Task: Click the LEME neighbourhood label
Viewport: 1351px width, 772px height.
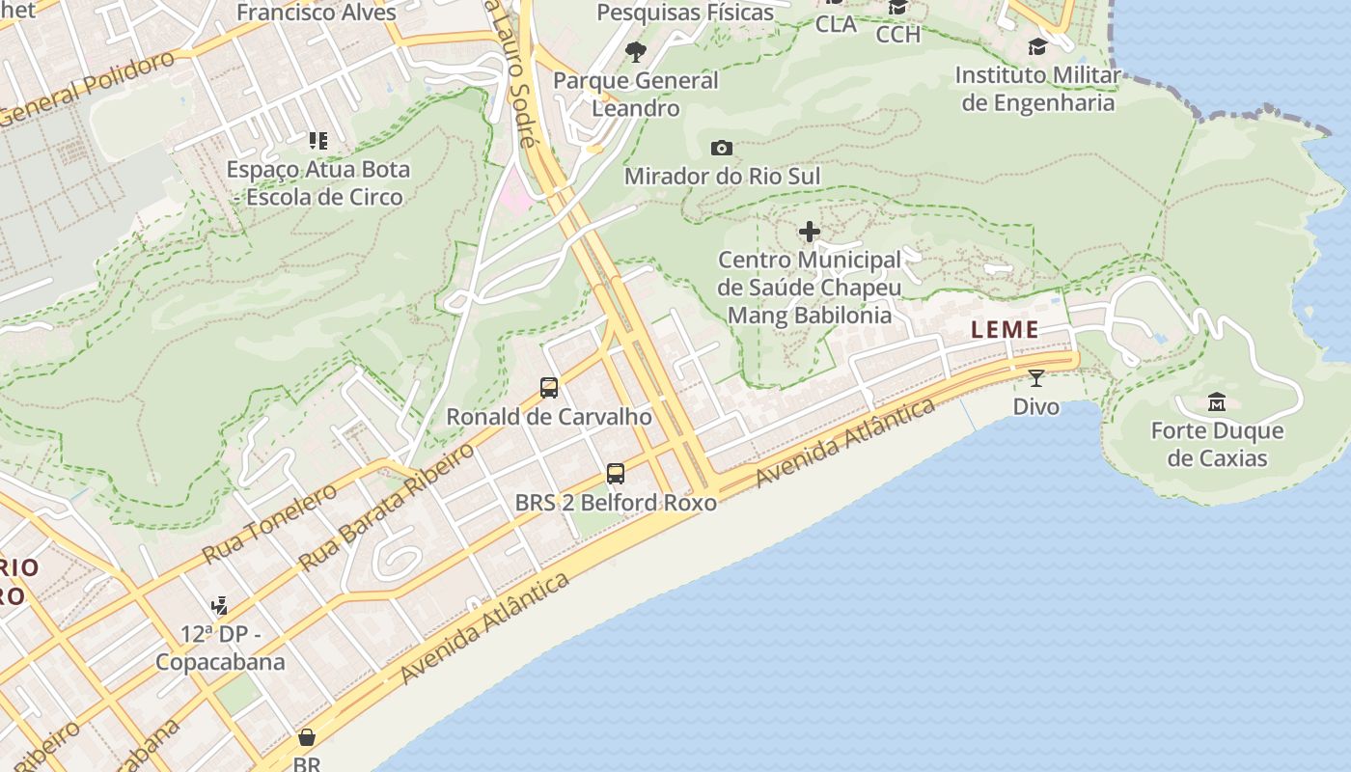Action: tap(1005, 329)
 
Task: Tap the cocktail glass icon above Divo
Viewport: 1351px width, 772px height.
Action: tap(1036, 377)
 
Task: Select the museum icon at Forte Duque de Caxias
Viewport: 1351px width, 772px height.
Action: tap(1217, 401)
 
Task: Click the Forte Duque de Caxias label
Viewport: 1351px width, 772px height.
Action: tap(1217, 444)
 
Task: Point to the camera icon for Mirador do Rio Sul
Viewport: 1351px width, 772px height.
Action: tap(722, 148)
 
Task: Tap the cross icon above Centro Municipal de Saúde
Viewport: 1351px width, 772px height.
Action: tap(810, 232)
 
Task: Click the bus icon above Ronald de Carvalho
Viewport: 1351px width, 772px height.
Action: tap(549, 388)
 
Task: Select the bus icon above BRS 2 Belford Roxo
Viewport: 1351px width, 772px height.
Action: tap(616, 474)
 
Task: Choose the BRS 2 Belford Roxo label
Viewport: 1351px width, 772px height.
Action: tap(616, 503)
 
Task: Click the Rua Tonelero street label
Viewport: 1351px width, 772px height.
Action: tap(270, 523)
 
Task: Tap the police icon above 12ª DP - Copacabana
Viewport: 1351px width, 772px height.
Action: tap(220, 606)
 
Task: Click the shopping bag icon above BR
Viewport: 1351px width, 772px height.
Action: tap(307, 737)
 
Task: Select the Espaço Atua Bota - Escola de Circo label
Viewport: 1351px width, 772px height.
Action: tap(317, 183)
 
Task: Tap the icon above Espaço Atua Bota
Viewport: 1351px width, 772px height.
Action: tap(317, 141)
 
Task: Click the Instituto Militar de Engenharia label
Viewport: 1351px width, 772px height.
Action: tap(1037, 89)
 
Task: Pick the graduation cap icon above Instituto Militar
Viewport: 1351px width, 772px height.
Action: tap(1037, 46)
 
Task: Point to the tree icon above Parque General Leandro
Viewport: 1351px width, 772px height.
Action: tap(635, 51)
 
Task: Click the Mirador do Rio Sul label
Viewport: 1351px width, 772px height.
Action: tap(722, 177)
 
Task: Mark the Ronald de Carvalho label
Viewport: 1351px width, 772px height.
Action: tap(549, 417)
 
